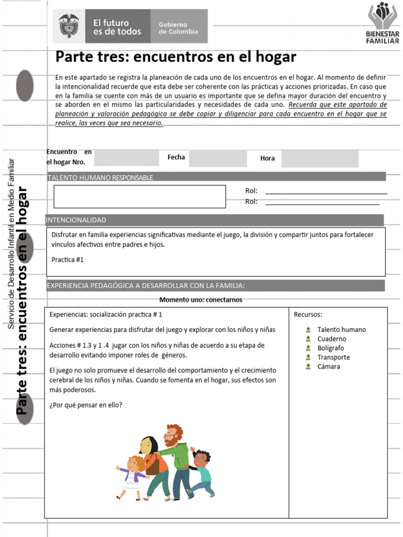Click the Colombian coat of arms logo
69,26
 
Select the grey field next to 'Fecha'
218,158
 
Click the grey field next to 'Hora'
320,158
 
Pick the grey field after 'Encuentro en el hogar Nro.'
126,157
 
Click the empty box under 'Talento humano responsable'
140,196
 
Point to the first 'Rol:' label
251,191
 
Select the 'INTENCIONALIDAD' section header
76,220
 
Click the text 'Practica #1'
68,260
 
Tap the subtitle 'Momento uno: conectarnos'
200,300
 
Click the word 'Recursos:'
308,315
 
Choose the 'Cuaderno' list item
332,339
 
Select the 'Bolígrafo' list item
331,348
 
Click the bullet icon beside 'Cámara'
309,367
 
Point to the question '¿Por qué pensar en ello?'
86,405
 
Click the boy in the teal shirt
202,472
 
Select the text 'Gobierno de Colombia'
178,28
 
